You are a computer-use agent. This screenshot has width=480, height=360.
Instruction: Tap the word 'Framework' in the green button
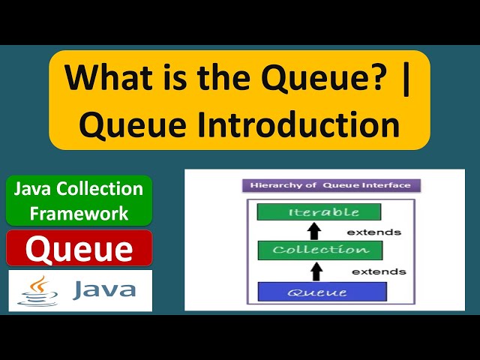coord(79,213)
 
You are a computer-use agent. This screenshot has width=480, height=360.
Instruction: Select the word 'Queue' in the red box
coord(79,248)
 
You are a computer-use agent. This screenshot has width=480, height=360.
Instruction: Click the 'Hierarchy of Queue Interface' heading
coord(331,185)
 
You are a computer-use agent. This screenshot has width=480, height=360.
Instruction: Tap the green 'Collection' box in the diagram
coord(319,250)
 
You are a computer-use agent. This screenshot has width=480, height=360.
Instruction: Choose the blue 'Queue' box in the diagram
coord(322,292)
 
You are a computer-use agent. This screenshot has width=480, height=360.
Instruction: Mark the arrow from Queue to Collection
coord(316,270)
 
